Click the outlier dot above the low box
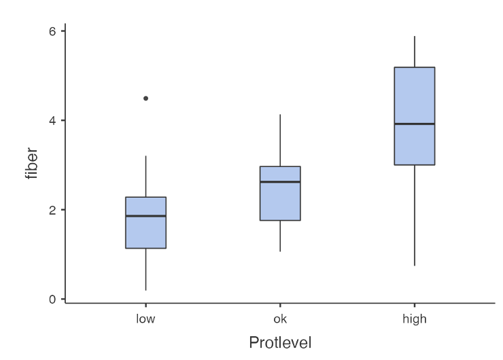coord(145,98)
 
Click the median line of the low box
coord(145,216)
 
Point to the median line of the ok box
coord(280,182)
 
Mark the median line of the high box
coord(415,124)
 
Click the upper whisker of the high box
coord(415,52)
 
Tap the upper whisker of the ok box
coord(280,140)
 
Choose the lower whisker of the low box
coord(145,270)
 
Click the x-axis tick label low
coord(145,319)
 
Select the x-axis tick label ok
coord(280,319)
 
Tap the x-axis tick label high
coord(415,319)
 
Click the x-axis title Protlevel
coord(280,342)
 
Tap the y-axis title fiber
coord(31,165)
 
